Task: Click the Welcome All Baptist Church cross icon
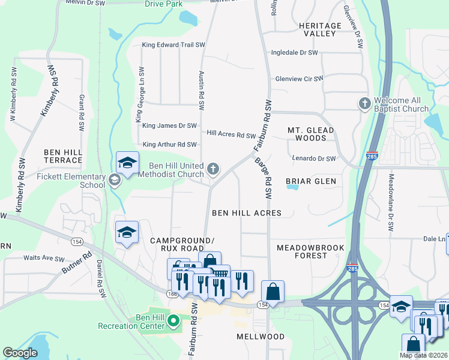[x=364, y=104]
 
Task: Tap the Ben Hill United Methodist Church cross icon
[x=213, y=170]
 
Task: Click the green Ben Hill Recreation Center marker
[x=173, y=321]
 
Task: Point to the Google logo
[x=20, y=353]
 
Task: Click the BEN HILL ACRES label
[x=247, y=213]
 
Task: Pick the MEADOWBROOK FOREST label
[x=310, y=251]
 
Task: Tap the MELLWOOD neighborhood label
[x=261, y=337]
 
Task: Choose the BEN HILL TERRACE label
[x=63, y=157]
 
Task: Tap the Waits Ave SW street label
[x=43, y=259]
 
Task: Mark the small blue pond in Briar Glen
[x=292, y=187]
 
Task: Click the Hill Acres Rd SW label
[x=231, y=135]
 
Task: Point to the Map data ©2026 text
[x=423, y=355]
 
